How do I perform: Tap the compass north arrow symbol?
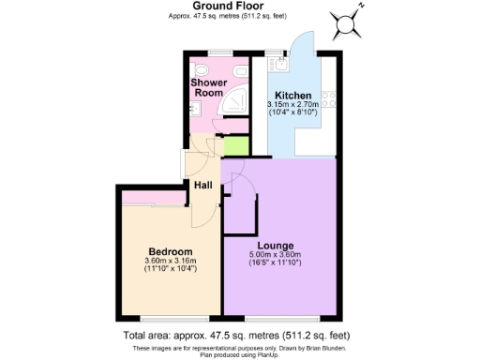348,19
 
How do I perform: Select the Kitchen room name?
293,95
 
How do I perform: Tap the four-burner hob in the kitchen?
328,97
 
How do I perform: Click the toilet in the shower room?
200,70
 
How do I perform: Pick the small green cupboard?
232,147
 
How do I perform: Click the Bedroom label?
171,252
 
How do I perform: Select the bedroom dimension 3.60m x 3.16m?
171,262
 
